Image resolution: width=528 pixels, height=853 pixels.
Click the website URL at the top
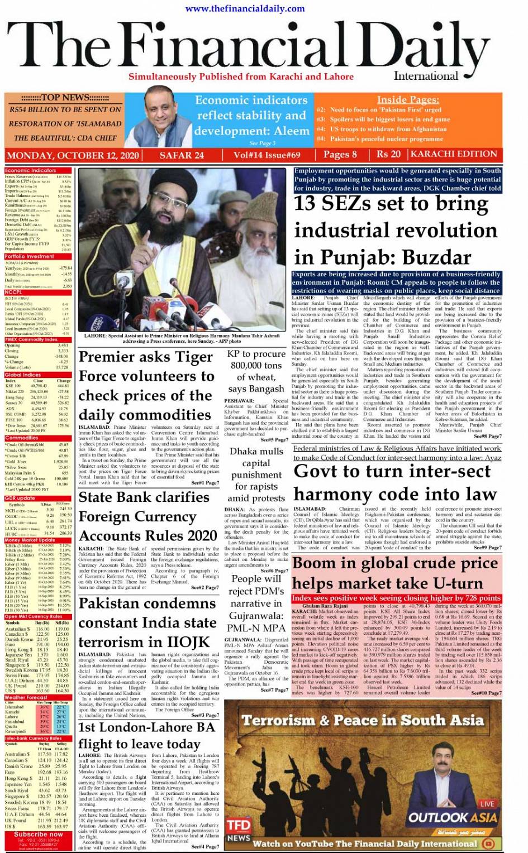click(x=245, y=8)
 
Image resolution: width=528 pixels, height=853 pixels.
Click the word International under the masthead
click(x=425, y=76)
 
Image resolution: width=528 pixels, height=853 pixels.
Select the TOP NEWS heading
click(x=65, y=97)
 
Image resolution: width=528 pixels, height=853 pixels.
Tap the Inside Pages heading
click(x=407, y=99)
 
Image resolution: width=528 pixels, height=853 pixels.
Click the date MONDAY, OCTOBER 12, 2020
click(x=73, y=155)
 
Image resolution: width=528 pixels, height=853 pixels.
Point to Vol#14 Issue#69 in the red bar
click(x=267, y=155)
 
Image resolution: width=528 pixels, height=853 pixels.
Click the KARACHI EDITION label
click(x=454, y=154)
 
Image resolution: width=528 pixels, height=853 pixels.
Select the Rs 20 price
click(x=388, y=154)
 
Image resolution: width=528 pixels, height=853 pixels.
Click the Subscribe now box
click(x=38, y=834)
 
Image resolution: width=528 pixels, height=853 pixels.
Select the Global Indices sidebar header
click(x=23, y=375)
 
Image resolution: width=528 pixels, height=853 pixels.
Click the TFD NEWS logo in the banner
click(x=238, y=829)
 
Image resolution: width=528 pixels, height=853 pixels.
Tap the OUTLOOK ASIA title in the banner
click(x=452, y=818)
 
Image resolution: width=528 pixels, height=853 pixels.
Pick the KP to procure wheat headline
click(x=256, y=371)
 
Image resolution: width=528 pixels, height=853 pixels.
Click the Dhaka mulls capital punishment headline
click(x=256, y=475)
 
